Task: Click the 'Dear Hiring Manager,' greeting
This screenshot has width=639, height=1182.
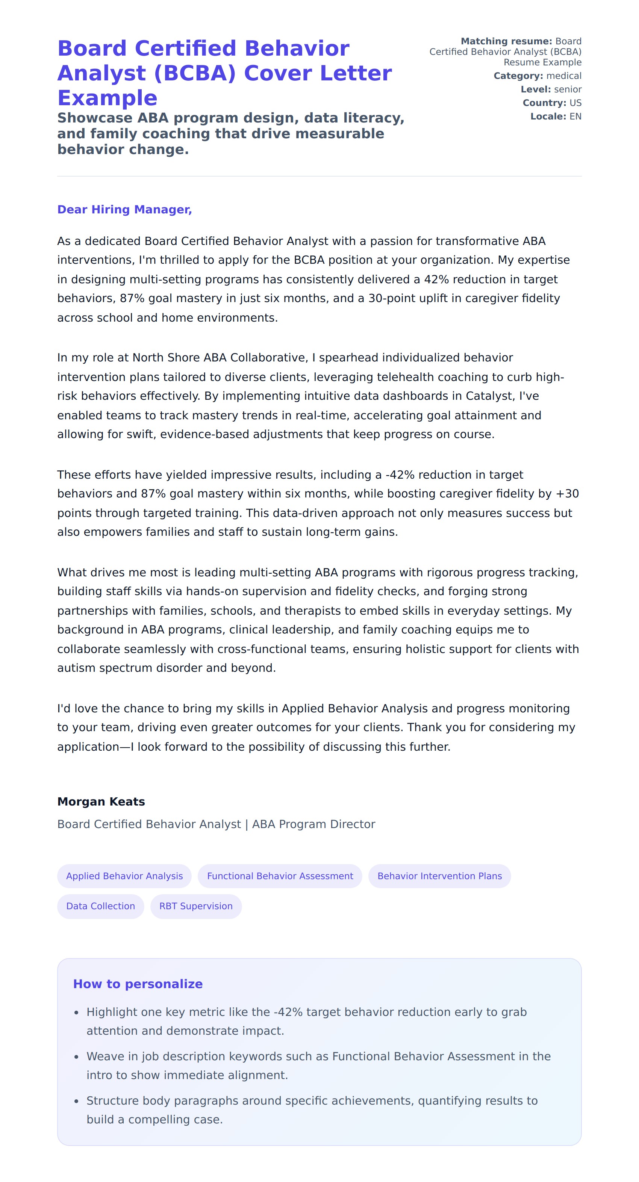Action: [x=124, y=210]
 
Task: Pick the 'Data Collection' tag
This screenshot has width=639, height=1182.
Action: [x=100, y=906]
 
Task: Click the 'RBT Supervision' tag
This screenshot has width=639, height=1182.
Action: [x=196, y=906]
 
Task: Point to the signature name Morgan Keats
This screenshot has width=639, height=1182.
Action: [x=101, y=802]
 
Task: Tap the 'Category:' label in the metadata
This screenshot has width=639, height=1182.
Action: [x=518, y=76]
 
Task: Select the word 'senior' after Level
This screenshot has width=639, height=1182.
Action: [x=568, y=89]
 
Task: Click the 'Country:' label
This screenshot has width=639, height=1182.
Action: [x=544, y=103]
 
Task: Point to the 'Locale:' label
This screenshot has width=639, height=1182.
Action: [x=548, y=116]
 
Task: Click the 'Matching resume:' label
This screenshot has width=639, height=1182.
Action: [x=506, y=41]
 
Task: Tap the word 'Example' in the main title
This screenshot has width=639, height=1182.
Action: [x=108, y=98]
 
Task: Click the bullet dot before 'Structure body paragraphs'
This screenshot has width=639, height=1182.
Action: [x=77, y=1101]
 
